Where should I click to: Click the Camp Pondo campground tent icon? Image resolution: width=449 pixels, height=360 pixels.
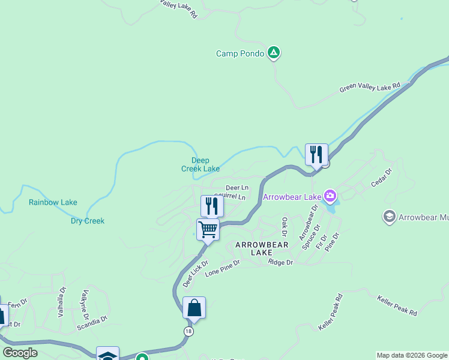[x=274, y=53]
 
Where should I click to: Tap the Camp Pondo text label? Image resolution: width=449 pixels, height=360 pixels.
[x=240, y=54]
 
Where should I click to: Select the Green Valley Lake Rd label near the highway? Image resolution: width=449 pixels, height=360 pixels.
[x=370, y=88]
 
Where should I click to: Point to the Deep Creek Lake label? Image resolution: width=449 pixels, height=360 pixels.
[x=200, y=164]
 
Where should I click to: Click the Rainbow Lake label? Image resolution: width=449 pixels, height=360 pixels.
[x=53, y=202]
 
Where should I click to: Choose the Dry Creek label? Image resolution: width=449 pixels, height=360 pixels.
[x=88, y=221]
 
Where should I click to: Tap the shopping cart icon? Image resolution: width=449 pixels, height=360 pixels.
[x=208, y=229]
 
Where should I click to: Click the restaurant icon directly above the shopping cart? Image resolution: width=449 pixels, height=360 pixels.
[x=212, y=206]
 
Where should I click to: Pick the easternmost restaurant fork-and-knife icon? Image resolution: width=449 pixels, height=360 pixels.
[x=316, y=154]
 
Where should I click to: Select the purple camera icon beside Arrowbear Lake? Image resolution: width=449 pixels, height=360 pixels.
[x=330, y=196]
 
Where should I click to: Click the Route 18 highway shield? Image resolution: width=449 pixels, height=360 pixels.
[x=189, y=331]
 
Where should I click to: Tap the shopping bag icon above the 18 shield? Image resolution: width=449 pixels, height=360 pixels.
[x=194, y=308]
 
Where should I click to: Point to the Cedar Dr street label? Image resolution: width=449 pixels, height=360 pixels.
[x=381, y=178]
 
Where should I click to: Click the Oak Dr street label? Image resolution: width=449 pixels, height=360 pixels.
[x=285, y=226]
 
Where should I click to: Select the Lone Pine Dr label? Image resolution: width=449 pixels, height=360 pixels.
[x=222, y=268]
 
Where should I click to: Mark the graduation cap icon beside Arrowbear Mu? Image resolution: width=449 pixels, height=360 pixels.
[x=389, y=216]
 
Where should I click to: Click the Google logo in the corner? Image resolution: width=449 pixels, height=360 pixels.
[x=20, y=353]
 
